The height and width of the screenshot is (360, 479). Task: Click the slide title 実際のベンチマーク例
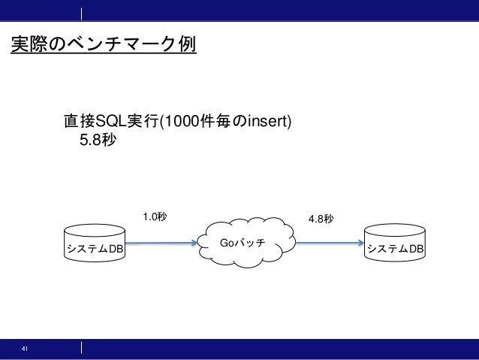point(103,45)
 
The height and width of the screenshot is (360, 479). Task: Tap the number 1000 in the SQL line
point(185,121)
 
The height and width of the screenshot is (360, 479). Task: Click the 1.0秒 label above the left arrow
point(155,217)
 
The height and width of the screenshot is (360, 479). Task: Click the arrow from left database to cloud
point(162,243)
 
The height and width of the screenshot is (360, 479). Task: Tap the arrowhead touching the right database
point(361,243)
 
